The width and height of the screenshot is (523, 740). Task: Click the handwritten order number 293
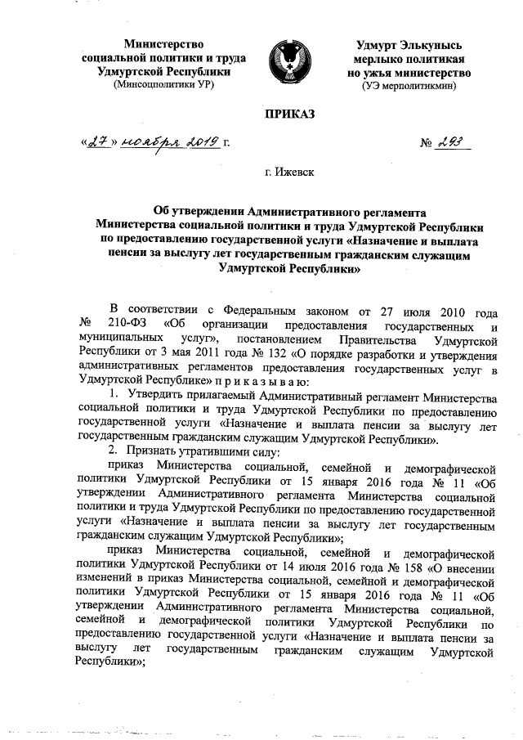click(x=450, y=143)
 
